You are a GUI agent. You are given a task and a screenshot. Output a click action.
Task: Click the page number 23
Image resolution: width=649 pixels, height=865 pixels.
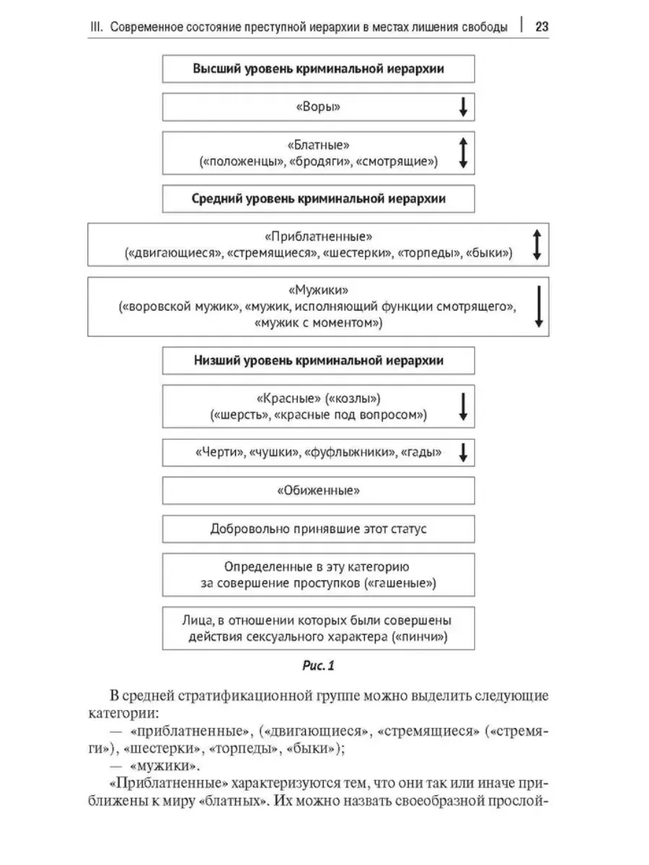pyautogui.click(x=542, y=27)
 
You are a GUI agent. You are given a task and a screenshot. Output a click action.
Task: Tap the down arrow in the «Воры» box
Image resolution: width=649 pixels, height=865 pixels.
pyautogui.click(x=464, y=107)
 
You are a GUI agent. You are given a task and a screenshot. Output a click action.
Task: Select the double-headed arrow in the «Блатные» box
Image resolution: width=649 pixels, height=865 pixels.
pyautogui.click(x=464, y=153)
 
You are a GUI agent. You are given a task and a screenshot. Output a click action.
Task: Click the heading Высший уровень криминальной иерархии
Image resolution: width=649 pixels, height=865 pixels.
pyautogui.click(x=319, y=69)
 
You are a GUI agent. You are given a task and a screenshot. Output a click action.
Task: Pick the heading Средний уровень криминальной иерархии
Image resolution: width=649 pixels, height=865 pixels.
pyautogui.click(x=319, y=199)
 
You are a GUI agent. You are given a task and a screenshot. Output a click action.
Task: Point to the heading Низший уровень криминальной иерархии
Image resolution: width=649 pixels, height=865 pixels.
pyautogui.click(x=319, y=360)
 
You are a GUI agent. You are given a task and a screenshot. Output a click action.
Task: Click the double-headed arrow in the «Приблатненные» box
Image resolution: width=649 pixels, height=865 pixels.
pyautogui.click(x=537, y=244)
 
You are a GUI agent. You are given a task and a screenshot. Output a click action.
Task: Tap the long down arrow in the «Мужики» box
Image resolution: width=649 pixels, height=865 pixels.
pyautogui.click(x=539, y=306)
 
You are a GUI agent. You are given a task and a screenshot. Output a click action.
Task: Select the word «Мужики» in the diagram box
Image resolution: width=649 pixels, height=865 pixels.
pyautogui.click(x=319, y=290)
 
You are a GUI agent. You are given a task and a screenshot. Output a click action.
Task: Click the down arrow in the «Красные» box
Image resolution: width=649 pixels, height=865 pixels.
pyautogui.click(x=464, y=407)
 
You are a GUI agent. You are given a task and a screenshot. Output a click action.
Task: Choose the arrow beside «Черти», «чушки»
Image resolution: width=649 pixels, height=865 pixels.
pyautogui.click(x=464, y=453)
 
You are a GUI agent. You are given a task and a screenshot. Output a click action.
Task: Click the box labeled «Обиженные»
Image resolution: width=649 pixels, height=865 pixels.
pyautogui.click(x=319, y=491)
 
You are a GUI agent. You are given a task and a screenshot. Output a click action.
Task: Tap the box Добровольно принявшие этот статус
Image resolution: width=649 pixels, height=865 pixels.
pyautogui.click(x=319, y=529)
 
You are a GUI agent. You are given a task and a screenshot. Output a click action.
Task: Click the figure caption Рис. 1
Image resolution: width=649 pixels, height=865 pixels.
pyautogui.click(x=319, y=665)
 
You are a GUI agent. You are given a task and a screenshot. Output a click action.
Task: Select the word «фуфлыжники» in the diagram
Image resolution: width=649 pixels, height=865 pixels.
pyautogui.click(x=350, y=453)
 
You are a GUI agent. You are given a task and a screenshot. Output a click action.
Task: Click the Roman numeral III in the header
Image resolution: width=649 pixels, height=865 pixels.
pyautogui.click(x=96, y=27)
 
